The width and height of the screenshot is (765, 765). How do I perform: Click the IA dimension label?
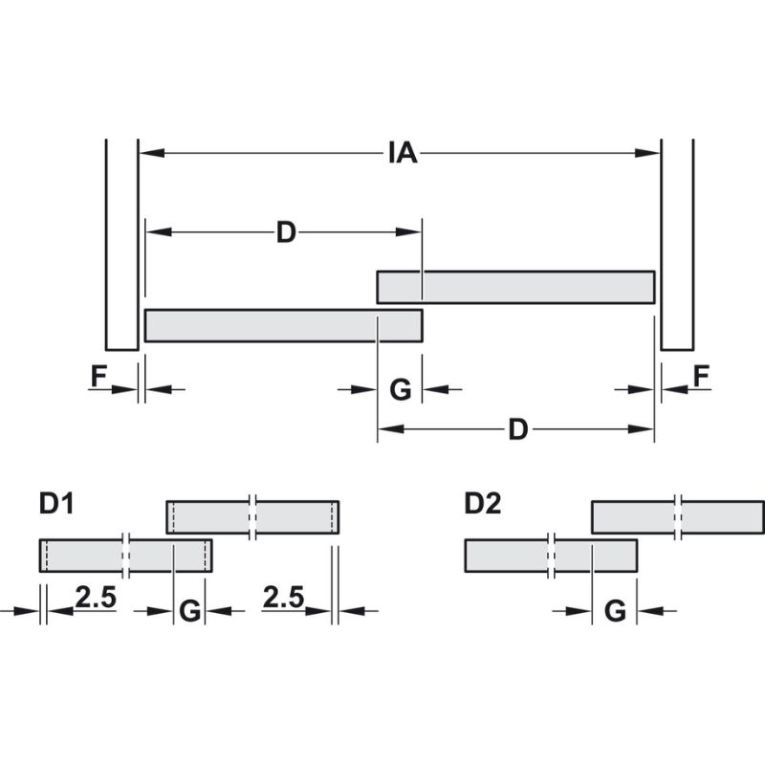coord(403,153)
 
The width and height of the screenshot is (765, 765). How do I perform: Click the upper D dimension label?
coord(285,232)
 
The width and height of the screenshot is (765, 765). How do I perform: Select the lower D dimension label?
coord(517,430)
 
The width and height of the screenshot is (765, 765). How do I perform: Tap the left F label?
coord(98,377)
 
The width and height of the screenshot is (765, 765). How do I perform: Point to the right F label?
coord(701,377)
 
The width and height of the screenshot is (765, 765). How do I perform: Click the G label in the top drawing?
coord(401,390)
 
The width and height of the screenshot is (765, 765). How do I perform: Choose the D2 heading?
coord(483,503)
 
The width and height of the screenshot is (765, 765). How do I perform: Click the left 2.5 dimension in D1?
coord(95,599)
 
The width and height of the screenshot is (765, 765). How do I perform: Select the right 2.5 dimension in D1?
coord(283,599)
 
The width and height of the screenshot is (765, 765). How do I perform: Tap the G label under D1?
coord(190,610)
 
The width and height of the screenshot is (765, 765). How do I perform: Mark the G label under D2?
coord(615,610)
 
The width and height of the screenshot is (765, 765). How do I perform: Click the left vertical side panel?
coord(122,244)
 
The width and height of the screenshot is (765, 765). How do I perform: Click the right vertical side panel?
coord(676,244)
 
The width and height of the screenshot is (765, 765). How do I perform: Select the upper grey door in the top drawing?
coord(515,287)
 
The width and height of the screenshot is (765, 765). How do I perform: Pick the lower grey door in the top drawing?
coord(283,325)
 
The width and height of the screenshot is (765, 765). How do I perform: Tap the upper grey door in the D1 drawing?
coord(252,517)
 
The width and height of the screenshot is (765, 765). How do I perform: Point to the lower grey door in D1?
coord(125,556)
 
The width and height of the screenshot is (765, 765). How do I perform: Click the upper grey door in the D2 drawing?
coord(677,517)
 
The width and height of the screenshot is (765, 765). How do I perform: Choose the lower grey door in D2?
coord(551,556)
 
